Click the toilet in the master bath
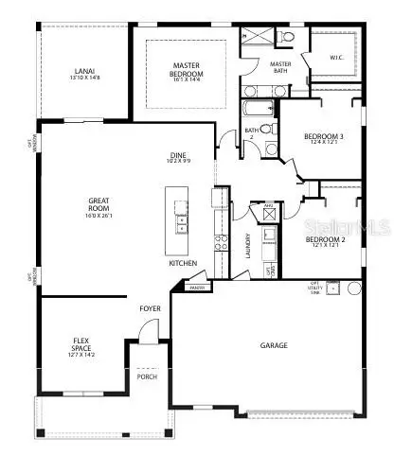point(287,37)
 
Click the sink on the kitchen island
point(181,224)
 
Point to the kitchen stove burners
point(221,240)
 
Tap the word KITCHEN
point(184,264)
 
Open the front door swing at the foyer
point(146,332)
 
